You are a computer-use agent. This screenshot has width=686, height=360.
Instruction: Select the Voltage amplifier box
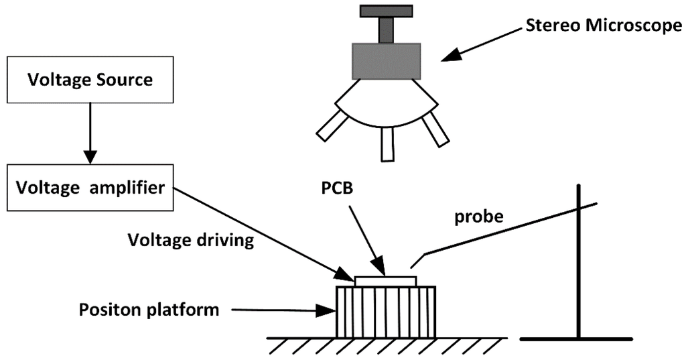tap(90, 188)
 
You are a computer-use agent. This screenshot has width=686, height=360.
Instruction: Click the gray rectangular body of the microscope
tap(387, 61)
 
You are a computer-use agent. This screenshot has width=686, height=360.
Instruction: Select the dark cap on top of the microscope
tap(386, 11)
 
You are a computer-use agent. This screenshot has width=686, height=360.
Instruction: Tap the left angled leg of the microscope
tap(329, 126)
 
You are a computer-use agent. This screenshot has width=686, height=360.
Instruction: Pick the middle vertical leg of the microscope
tap(387, 143)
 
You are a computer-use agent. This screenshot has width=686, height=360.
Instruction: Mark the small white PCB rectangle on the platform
tap(385, 281)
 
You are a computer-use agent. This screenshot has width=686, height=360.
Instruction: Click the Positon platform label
tap(149, 310)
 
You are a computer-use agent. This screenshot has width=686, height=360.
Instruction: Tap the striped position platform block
tap(385, 312)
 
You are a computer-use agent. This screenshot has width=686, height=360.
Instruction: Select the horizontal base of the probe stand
tap(575, 339)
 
